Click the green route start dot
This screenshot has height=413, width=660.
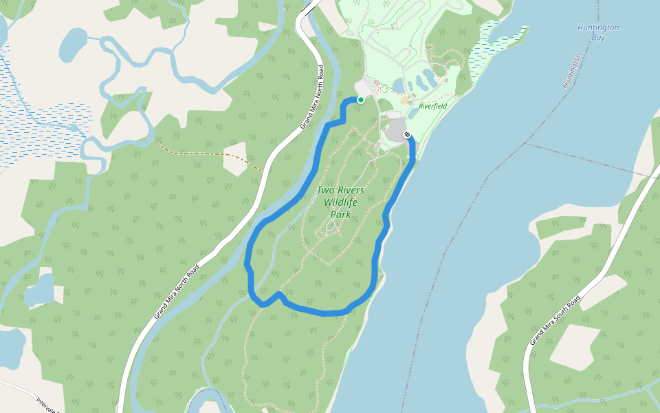pos(360,100)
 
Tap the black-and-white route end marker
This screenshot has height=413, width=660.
pos(408,135)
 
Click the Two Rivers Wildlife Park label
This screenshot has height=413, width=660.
pos(340,202)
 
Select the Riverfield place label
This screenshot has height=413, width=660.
pos(432,106)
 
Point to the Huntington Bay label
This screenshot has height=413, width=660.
pos(597,32)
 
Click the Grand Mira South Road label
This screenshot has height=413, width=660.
pos(555,320)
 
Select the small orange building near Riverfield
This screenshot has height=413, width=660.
pos(404,100)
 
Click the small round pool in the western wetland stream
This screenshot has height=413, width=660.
pos(74,127)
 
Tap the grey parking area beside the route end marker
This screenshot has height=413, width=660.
pos(396,129)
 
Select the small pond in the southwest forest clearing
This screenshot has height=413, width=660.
pos(39,289)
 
